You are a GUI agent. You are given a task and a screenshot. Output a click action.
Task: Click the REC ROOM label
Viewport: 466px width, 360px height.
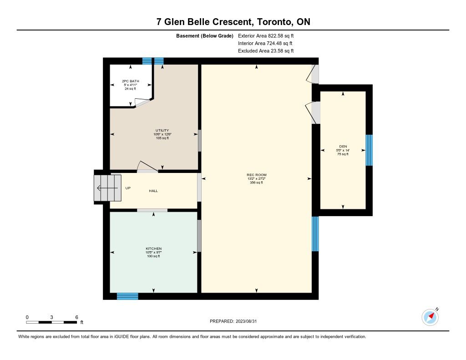[257, 175]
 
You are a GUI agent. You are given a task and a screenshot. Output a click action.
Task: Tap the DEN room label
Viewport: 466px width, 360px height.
[343, 146]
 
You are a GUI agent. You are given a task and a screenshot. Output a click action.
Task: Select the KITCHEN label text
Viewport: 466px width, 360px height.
[154, 248]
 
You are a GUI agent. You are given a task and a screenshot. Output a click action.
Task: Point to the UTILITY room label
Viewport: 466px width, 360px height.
[162, 130]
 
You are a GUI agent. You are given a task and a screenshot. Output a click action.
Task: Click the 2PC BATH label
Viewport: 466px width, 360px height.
[131, 81]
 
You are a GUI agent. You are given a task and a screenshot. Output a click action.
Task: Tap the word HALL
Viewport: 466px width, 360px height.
[153, 191]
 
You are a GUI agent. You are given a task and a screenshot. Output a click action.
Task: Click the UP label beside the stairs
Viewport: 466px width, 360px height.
[128, 188]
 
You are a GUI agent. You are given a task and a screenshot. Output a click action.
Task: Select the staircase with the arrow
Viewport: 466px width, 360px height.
[107, 188]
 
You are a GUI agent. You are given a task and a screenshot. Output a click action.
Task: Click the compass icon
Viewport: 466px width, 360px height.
[430, 317]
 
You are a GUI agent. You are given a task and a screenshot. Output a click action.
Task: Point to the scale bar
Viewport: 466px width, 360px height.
[51, 322]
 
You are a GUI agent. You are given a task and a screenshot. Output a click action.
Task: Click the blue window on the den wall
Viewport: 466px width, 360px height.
[369, 150]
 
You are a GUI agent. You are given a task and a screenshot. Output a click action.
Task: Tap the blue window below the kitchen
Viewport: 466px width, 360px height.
[127, 296]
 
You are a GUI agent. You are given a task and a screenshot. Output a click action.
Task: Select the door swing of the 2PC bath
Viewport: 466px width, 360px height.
[142, 102]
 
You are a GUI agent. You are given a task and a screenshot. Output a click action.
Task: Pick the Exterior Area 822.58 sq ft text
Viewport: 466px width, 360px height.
[266, 35]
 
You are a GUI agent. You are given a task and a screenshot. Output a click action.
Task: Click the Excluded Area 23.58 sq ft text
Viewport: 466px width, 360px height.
[266, 51]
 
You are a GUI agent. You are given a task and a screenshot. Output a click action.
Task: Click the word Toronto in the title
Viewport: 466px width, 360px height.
[274, 22]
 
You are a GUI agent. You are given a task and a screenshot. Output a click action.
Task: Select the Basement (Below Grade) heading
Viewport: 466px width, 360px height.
[205, 36]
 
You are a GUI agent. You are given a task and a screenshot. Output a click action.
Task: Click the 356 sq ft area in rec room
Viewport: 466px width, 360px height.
[257, 183]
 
